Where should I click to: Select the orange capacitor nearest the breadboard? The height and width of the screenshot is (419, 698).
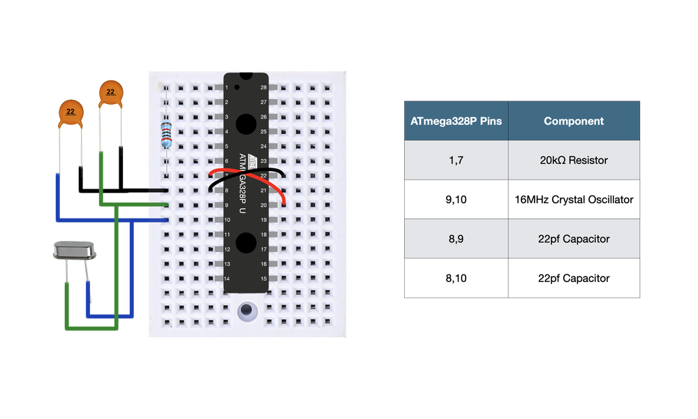tap(111, 94)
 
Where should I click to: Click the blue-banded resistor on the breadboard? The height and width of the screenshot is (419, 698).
tap(166, 133)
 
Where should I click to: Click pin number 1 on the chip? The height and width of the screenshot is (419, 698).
tap(228, 87)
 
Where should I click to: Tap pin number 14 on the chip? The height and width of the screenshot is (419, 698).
tap(227, 279)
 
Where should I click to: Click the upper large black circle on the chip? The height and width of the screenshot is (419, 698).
tap(246, 124)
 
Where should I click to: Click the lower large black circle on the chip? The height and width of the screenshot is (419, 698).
tap(246, 242)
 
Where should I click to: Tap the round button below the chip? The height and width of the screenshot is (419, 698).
tap(246, 311)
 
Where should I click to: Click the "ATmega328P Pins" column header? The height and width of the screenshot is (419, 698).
tap(456, 121)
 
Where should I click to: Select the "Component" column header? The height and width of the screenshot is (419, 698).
tap(574, 121)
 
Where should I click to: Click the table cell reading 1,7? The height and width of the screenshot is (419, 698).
tap(456, 160)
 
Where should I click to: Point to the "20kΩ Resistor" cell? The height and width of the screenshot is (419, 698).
tap(574, 160)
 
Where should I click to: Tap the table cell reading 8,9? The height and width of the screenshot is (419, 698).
tap(456, 239)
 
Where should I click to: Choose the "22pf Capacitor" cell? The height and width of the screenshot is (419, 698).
tap(574, 239)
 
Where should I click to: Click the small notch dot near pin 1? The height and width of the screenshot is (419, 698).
tap(238, 88)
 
